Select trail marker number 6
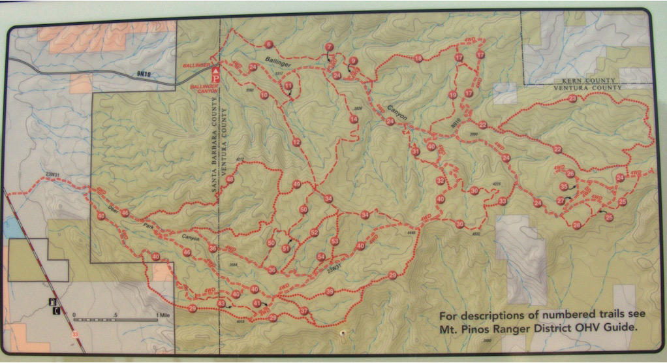pyautogui.click(x=268, y=45)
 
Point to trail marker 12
pyautogui.click(x=296, y=142)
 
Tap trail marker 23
pyautogui.click(x=572, y=99)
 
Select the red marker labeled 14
pyautogui.click(x=353, y=119)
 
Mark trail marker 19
pyautogui.click(x=453, y=95)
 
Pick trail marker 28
pyautogui.click(x=576, y=225)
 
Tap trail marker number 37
pyautogui.click(x=303, y=311)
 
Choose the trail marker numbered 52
pyautogui.click(x=314, y=232)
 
